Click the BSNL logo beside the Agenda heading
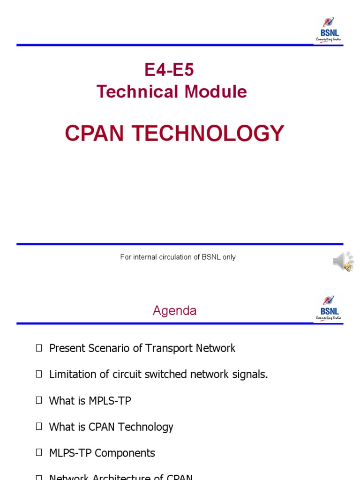(329, 308)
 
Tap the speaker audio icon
(343, 262)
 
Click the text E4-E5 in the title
(169, 70)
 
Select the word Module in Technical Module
(216, 92)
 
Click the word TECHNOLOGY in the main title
(208, 134)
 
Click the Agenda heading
(174, 311)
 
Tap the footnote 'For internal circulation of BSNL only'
(178, 257)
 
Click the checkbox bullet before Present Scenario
(39, 348)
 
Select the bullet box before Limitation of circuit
(39, 374)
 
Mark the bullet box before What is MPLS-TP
(39, 400)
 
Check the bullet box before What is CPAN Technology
(39, 427)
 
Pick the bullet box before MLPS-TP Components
(39, 453)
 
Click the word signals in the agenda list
(252, 375)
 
